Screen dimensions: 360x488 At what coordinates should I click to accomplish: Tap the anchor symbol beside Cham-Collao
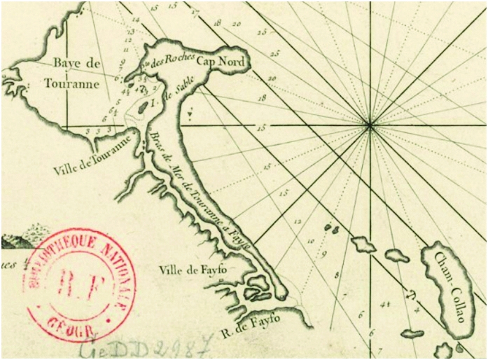coord(412,292)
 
